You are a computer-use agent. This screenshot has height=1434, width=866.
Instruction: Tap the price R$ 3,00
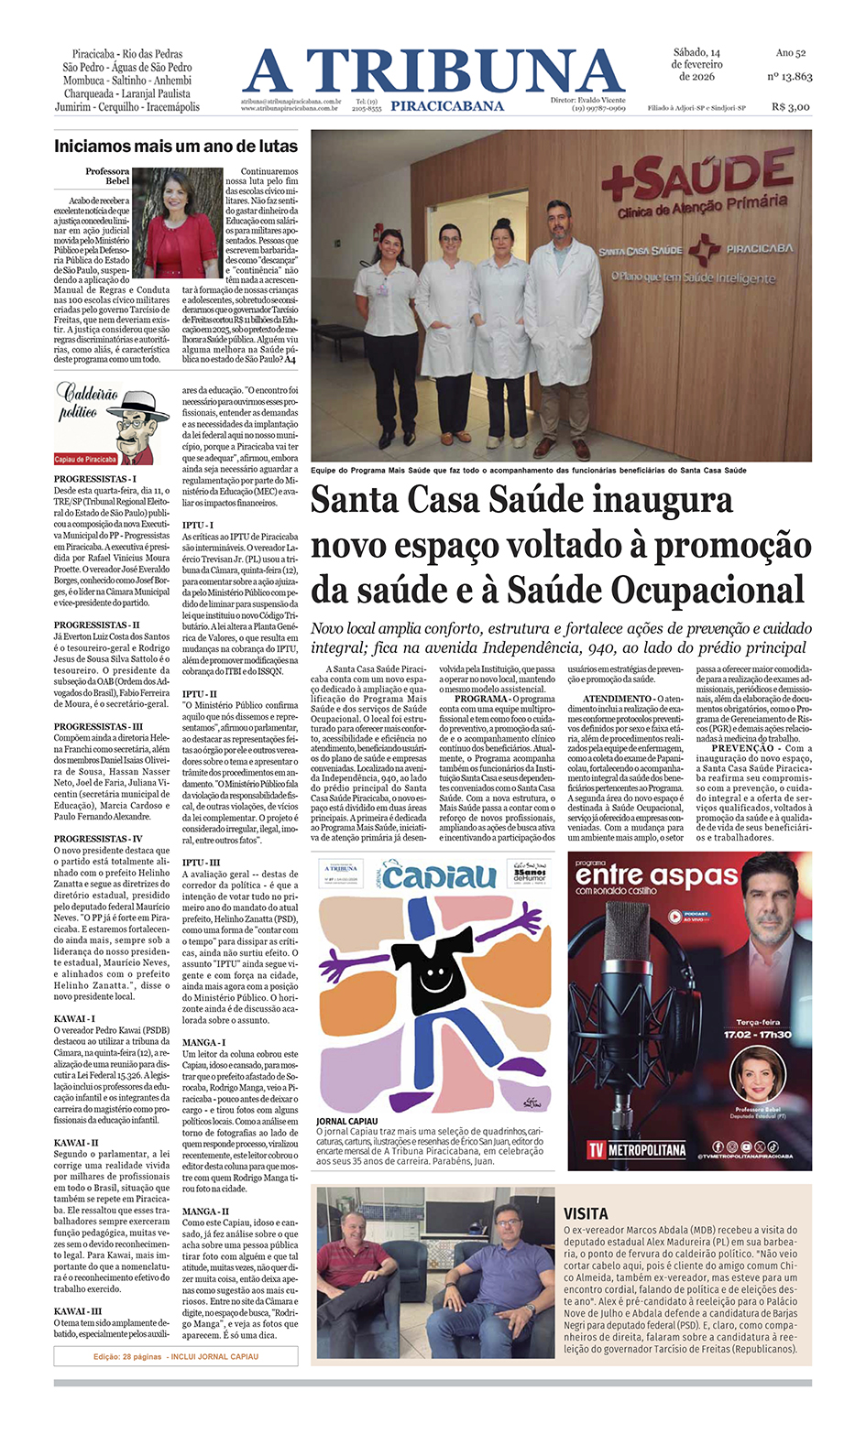click(x=791, y=106)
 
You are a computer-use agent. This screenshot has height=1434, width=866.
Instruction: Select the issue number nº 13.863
click(x=789, y=76)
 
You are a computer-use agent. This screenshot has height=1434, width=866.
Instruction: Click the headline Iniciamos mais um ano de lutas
click(x=176, y=146)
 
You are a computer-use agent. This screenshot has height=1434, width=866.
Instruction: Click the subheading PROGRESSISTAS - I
click(x=94, y=479)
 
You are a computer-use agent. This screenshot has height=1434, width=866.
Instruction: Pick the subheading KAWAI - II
click(x=76, y=1143)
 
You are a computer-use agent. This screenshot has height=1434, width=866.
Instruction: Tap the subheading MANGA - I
click(x=203, y=1042)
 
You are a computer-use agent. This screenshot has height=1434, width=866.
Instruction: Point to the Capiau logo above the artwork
click(x=439, y=876)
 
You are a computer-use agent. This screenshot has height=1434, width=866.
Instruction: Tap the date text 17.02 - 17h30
click(x=757, y=1034)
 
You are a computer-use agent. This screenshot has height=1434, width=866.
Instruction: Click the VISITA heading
click(x=586, y=1213)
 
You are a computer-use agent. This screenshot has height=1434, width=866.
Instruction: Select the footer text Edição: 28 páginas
click(x=128, y=1356)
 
